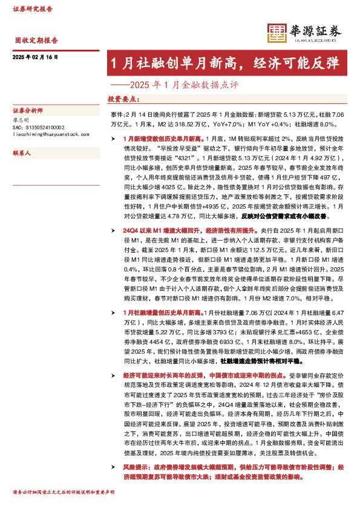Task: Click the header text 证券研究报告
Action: click(32, 10)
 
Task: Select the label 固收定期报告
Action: click(36, 41)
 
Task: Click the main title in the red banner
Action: click(224, 63)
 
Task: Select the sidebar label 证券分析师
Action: click(28, 111)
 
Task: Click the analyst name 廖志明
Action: click(21, 120)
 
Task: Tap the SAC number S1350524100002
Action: click(38, 127)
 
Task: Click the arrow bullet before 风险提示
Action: click(110, 467)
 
